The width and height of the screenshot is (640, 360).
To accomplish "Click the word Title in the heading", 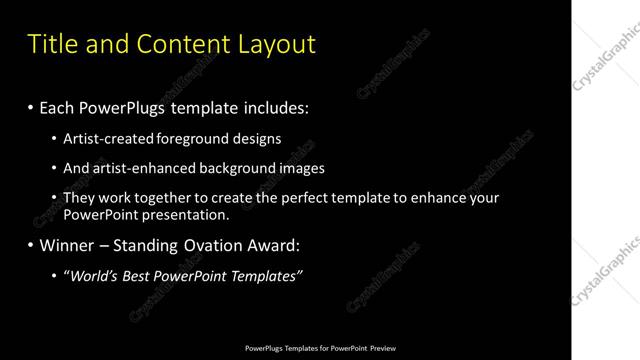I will click(49, 45).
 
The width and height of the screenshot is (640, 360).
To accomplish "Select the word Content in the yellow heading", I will click(179, 45).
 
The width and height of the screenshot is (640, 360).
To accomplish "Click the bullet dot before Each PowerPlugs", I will click(31, 106).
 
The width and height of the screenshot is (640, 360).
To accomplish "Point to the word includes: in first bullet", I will click(280, 106).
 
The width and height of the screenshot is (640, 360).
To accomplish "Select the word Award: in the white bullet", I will click(272, 245).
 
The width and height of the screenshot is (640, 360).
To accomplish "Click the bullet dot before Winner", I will click(31, 245).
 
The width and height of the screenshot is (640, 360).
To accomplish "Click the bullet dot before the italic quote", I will click(54, 276).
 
